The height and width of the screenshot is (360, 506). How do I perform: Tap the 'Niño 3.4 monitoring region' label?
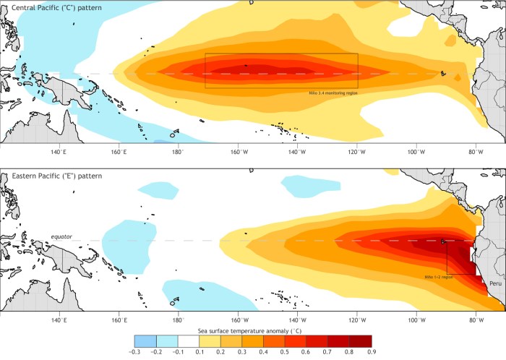(330, 93)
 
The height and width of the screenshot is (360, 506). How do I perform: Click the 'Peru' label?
(494, 284)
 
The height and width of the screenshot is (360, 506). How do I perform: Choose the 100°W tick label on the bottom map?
(416, 320)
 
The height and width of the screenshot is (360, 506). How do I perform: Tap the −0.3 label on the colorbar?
(134, 351)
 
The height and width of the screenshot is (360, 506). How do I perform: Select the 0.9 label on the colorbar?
(372, 351)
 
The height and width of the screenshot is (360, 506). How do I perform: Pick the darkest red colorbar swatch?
(361, 340)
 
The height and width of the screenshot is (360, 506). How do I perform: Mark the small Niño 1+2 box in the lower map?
(460, 257)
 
